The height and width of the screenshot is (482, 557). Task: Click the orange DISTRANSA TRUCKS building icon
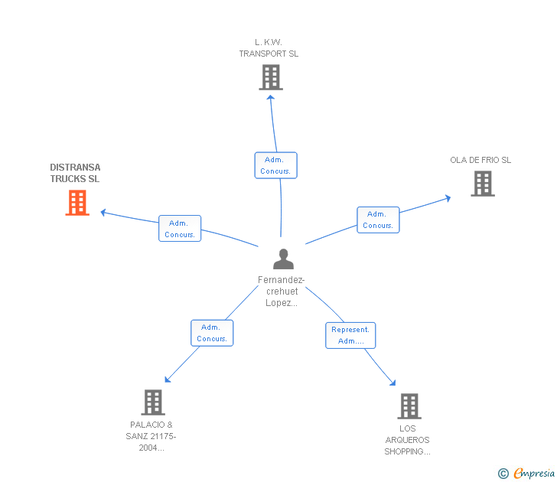(77, 203)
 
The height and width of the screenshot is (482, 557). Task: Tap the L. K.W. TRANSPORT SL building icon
(270, 77)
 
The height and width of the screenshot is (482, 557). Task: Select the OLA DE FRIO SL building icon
(482, 184)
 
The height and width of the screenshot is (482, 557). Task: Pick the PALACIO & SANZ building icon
(153, 402)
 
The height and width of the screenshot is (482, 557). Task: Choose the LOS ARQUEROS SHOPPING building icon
(409, 406)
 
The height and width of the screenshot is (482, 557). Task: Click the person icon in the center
(283, 259)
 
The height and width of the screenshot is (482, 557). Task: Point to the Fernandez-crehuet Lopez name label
(281, 291)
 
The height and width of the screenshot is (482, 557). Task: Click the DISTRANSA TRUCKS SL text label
(75, 173)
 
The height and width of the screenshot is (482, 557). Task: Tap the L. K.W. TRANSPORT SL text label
(269, 48)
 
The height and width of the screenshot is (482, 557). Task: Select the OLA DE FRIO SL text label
(480, 160)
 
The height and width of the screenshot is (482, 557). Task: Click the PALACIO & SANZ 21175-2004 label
(151, 436)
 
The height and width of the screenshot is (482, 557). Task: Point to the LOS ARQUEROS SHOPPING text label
(408, 440)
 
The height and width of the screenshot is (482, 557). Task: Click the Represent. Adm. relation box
(350, 335)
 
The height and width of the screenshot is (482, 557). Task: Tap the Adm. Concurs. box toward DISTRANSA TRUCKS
(180, 229)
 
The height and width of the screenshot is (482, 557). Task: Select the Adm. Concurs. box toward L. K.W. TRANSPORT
(275, 165)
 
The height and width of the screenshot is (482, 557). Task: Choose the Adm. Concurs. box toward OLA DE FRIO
(378, 220)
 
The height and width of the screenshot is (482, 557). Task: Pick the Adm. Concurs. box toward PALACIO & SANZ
(212, 333)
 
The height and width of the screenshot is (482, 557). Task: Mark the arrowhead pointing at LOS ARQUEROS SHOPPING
(393, 383)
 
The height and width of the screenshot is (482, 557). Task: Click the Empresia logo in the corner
(526, 474)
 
